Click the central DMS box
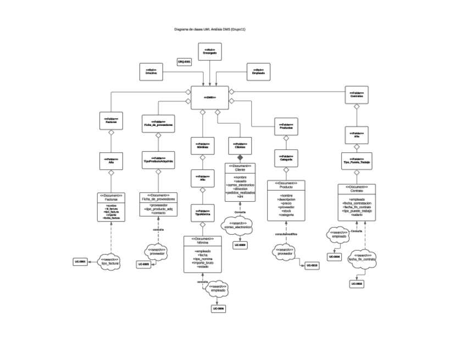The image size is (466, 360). tap(209, 97)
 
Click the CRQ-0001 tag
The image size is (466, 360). tap(184, 62)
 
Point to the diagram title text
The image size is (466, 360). tap(209, 29)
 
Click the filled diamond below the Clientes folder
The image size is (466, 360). tap(240, 158)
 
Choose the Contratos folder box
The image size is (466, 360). tap(356, 95)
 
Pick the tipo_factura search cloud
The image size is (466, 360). tap(110, 262)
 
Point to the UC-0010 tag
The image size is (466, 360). tap(312, 265)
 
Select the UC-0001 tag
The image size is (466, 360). tap(80, 262)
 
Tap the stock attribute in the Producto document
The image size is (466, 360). tap(286, 211)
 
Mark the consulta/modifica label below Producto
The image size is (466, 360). tap(286, 234)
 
